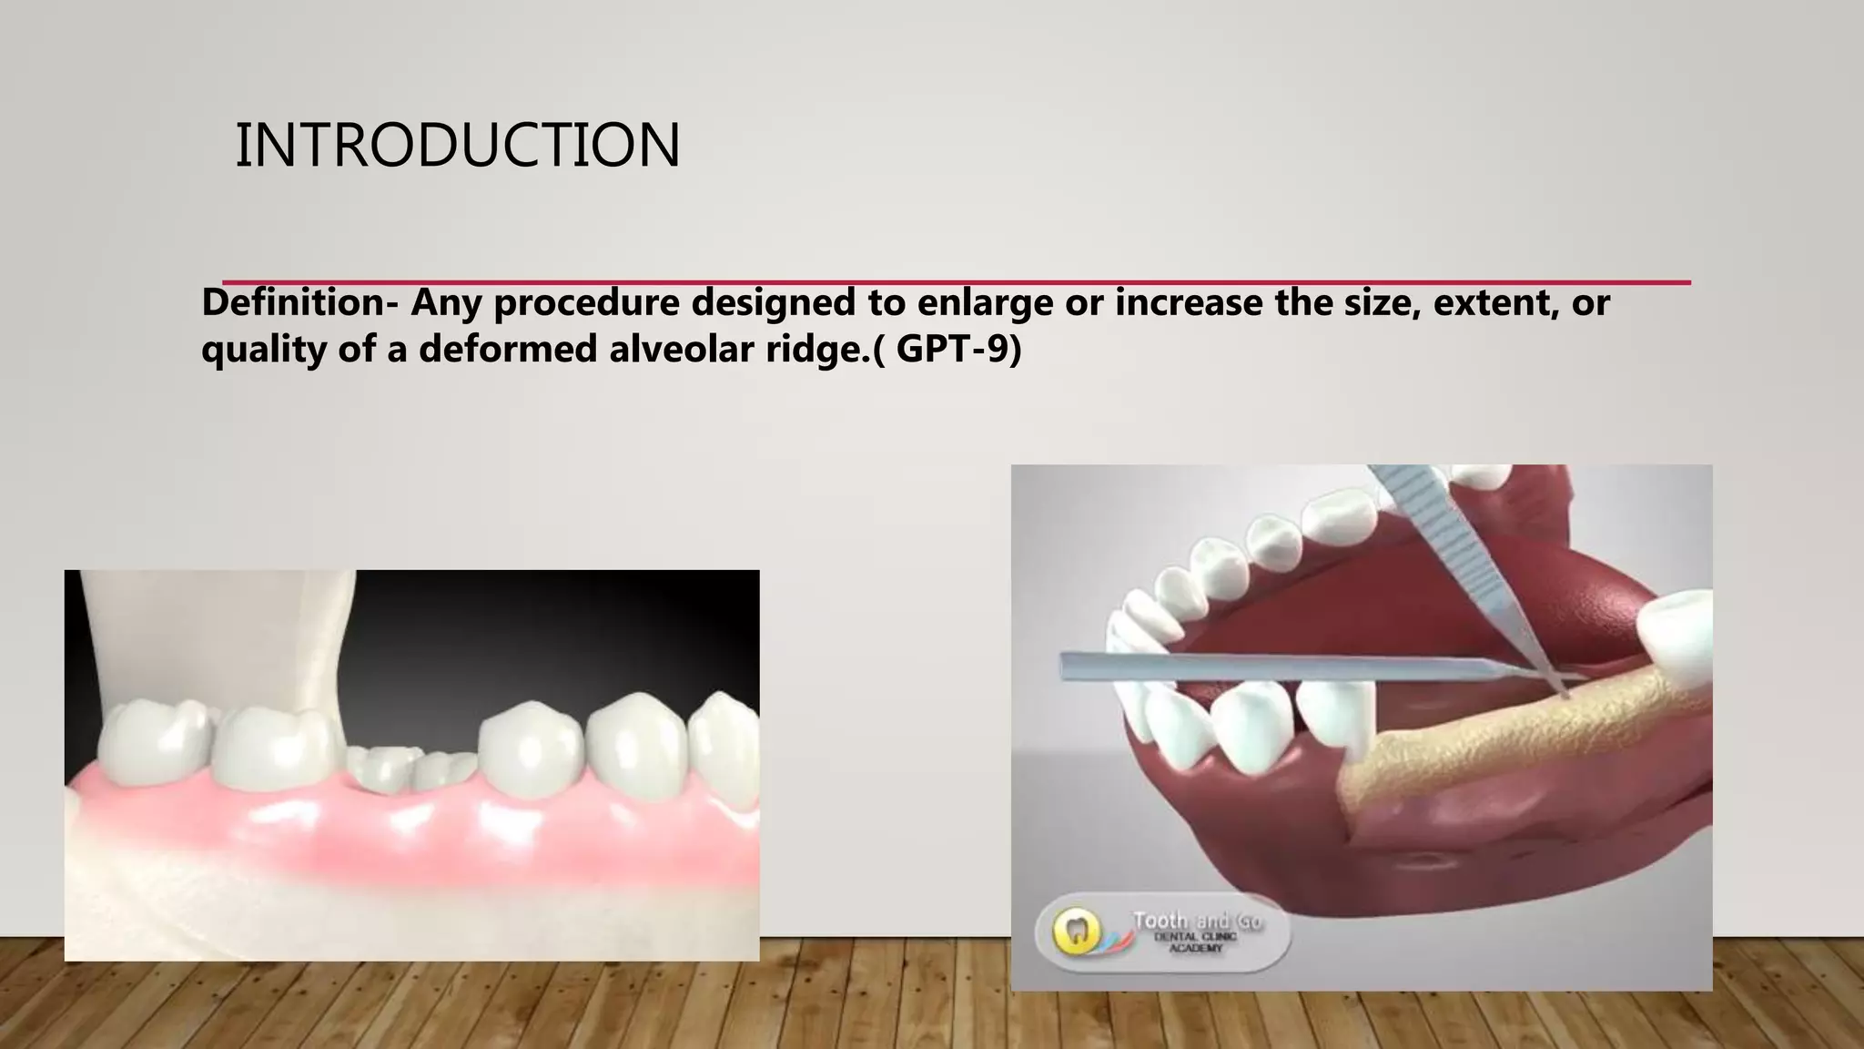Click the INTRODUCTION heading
457,146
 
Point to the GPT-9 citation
958,350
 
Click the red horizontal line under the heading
956,282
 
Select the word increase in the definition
1188,303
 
